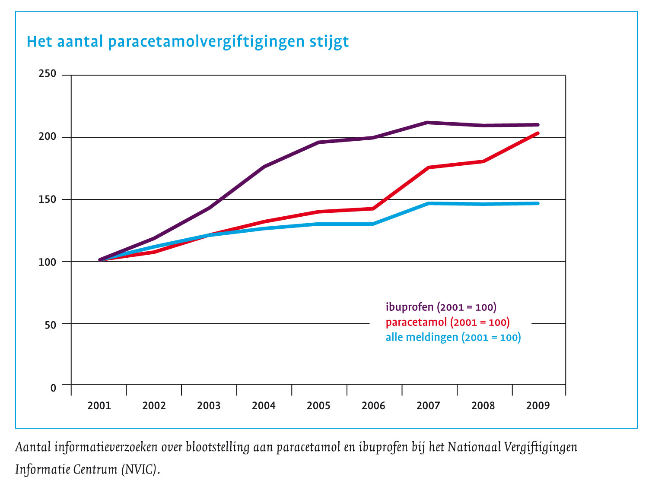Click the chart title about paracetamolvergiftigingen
188,42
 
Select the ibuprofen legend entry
441,307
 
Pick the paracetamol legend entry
447,322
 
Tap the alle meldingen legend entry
453,337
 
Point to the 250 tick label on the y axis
48,74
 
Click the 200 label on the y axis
48,137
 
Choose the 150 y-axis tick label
48,199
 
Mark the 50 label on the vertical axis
50,325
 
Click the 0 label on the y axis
53,388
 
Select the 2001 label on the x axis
99,406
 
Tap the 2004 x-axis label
264,406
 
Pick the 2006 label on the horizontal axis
373,406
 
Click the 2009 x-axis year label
538,406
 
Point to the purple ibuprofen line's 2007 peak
427,123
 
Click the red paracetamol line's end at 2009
537,133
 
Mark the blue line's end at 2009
537,203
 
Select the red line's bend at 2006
372,209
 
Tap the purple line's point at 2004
264,167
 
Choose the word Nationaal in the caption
473,447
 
